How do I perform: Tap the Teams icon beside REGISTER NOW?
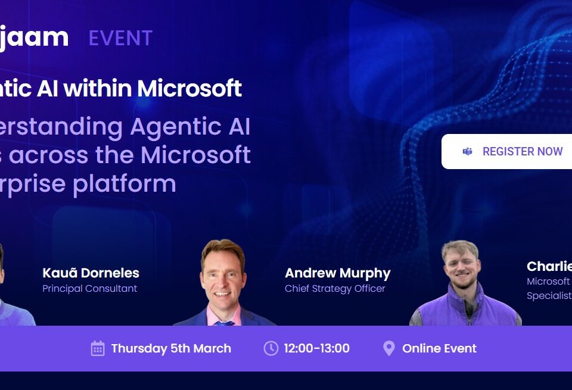point(468,151)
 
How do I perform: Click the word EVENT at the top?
point(120,38)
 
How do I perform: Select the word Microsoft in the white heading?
point(189,88)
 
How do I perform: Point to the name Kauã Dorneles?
point(91,273)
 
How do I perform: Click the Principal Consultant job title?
point(90,289)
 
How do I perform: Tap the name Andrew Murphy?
point(337,273)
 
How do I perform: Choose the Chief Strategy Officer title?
point(335,289)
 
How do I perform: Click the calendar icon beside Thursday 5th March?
point(98,348)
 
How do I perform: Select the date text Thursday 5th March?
point(171,348)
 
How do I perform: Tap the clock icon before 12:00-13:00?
point(271,348)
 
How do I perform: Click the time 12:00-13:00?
point(316,348)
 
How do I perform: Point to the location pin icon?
point(388,348)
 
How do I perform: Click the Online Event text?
point(439,348)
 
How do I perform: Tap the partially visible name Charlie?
point(549,266)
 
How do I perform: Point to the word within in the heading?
point(100,88)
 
